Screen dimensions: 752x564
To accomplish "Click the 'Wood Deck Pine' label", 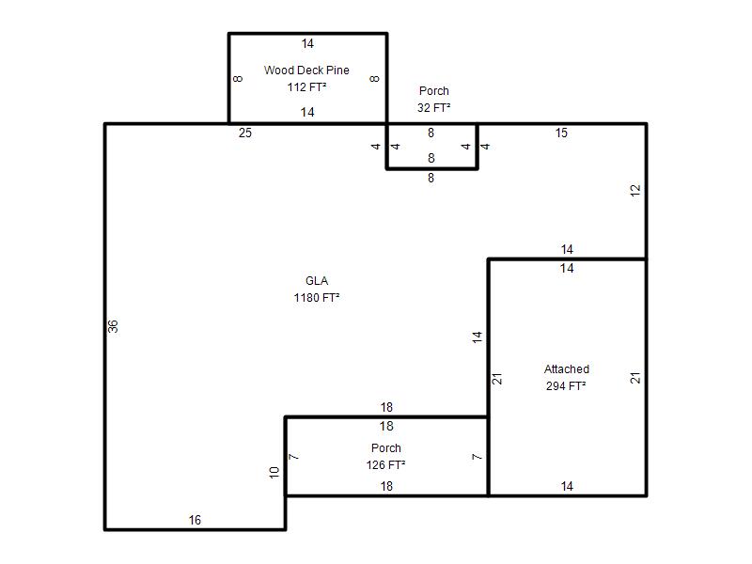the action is click(306, 70).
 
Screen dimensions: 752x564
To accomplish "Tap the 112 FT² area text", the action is click(307, 86).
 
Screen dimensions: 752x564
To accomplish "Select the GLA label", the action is click(317, 280).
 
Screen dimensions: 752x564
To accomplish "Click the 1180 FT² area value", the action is click(317, 297).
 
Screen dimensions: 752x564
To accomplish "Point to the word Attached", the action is click(567, 368).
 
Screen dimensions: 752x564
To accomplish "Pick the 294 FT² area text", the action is click(566, 385).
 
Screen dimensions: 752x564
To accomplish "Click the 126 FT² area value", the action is click(385, 464).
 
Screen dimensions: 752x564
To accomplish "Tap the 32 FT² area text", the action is click(433, 107).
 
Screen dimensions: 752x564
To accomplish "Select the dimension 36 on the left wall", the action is click(113, 326).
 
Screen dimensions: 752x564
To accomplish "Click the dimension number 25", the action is click(245, 133).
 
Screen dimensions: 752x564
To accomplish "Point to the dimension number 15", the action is click(561, 133).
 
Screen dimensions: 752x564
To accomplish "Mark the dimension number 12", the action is click(635, 191).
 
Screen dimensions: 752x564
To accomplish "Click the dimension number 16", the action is click(195, 520).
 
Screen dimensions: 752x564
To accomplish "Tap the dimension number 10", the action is click(274, 473).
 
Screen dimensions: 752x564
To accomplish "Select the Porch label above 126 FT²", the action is click(386, 448).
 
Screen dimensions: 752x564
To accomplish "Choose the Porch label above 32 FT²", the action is click(434, 90).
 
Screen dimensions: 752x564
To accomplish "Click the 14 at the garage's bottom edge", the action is click(567, 486).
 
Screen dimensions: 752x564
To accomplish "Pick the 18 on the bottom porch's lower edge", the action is click(386, 486).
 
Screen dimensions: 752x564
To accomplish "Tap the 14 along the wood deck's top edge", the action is click(307, 43).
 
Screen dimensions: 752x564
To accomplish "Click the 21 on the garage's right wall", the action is click(635, 378).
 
